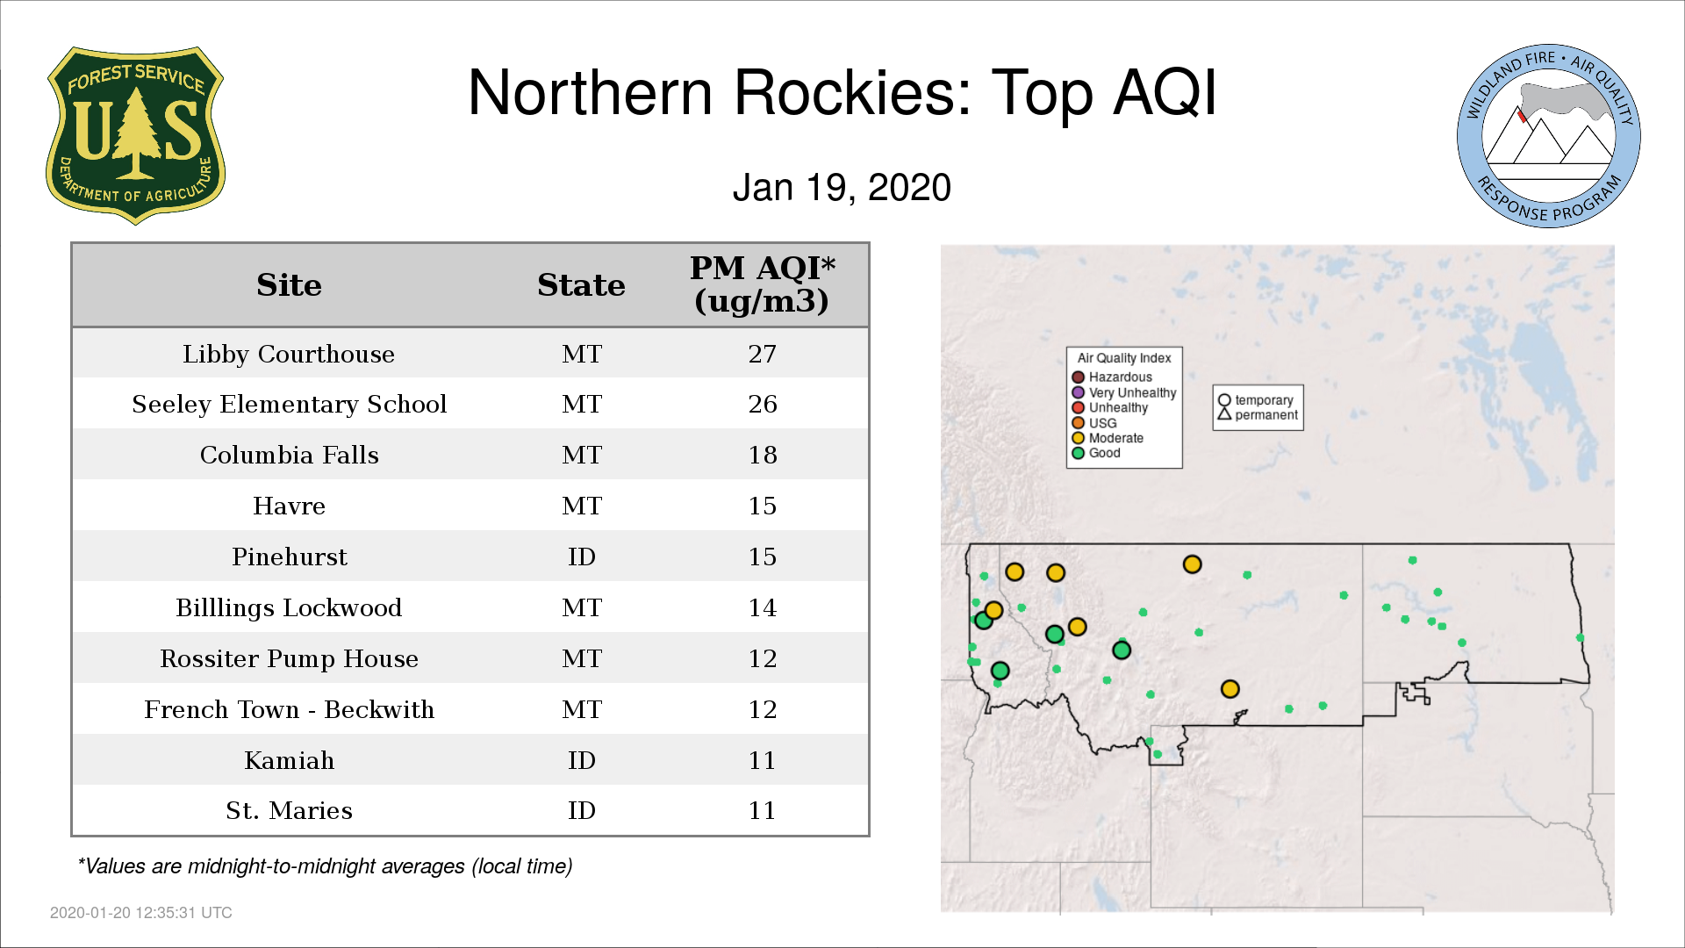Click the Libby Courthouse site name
pos(289,354)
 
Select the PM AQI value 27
pos(762,354)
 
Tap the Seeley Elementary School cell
pos(289,404)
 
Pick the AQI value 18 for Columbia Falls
pos(762,455)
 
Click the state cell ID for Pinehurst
pos(581,557)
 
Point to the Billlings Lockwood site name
pos(289,607)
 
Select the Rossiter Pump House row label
pos(289,658)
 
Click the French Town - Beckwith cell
pos(289,709)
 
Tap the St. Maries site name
pos(289,810)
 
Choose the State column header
pos(581,285)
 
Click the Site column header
pos(289,285)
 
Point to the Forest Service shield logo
pos(135,136)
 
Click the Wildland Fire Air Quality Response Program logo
pos(1549,136)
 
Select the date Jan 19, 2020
pos(842,188)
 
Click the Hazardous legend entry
pos(1112,377)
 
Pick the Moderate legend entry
pos(1108,438)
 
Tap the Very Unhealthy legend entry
pos(1124,392)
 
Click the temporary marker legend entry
pos(1256,400)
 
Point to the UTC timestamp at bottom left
pos(141,913)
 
